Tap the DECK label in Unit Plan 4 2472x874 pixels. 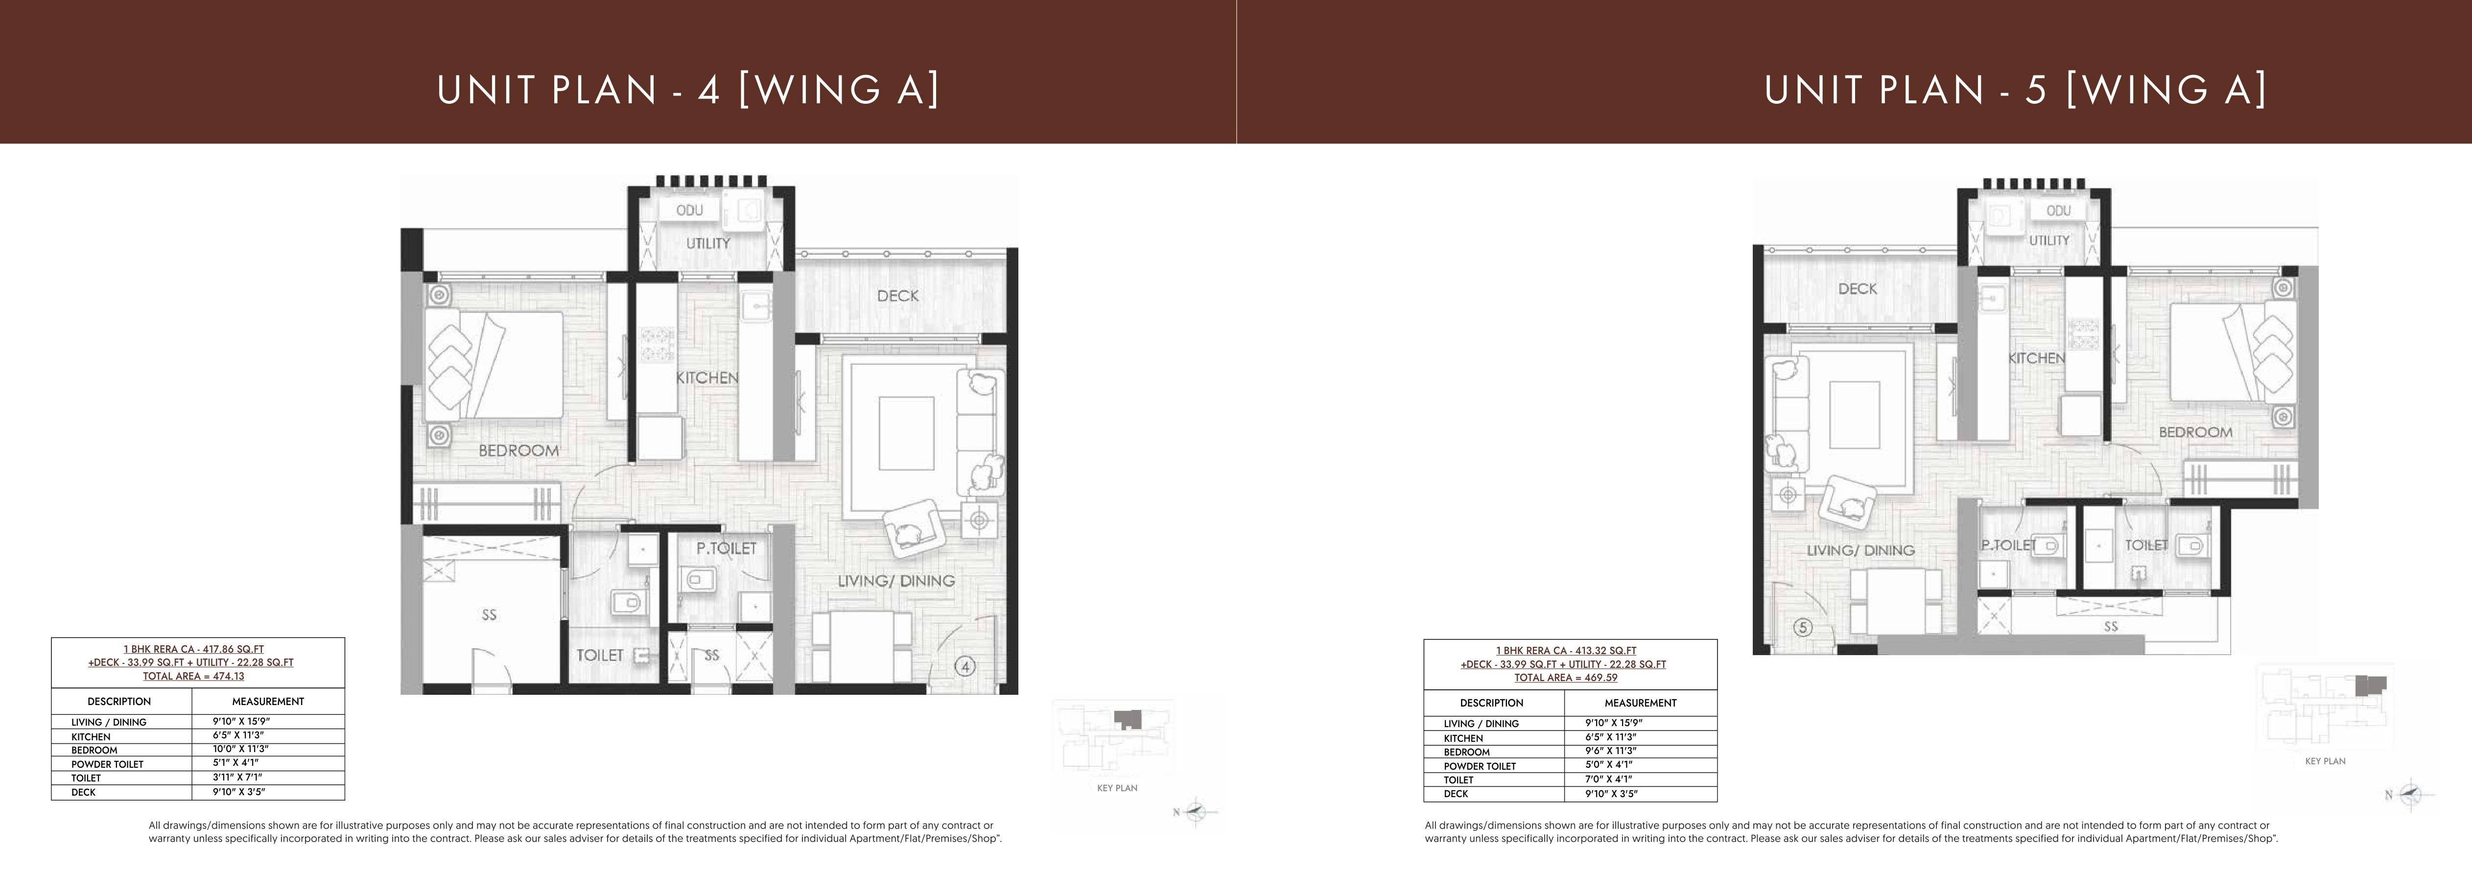(x=897, y=295)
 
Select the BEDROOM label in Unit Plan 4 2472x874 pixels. (x=518, y=450)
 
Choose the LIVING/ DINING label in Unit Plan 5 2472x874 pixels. (x=1860, y=551)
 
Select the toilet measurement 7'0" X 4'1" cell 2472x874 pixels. (x=1612, y=780)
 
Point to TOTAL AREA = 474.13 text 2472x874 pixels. (x=194, y=675)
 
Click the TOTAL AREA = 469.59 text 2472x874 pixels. (x=1566, y=677)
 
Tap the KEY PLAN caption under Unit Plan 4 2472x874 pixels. (x=1117, y=788)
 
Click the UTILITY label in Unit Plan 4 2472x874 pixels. (x=707, y=244)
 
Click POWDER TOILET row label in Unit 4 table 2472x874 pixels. (x=108, y=764)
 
